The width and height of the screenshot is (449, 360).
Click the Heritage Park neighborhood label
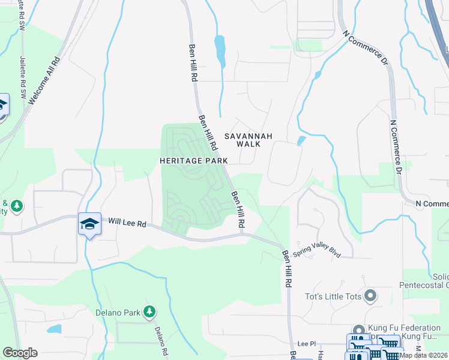(x=193, y=161)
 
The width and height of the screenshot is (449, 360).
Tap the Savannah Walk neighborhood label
(x=249, y=140)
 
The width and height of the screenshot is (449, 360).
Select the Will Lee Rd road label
(x=128, y=223)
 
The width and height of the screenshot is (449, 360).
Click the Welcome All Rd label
(x=44, y=81)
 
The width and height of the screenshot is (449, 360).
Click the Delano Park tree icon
(x=149, y=312)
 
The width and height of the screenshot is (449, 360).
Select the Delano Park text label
(x=118, y=313)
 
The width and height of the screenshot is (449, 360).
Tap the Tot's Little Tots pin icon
(x=370, y=295)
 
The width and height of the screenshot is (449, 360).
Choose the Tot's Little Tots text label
(x=333, y=295)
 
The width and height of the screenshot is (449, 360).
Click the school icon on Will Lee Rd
(x=89, y=224)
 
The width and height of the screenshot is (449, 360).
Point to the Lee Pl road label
(x=306, y=343)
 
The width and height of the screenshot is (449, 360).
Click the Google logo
(x=20, y=353)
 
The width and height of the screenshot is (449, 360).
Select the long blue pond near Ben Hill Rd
(x=220, y=51)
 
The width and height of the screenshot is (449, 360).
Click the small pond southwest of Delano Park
(x=54, y=329)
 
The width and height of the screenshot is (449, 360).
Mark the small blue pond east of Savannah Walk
(x=301, y=141)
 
